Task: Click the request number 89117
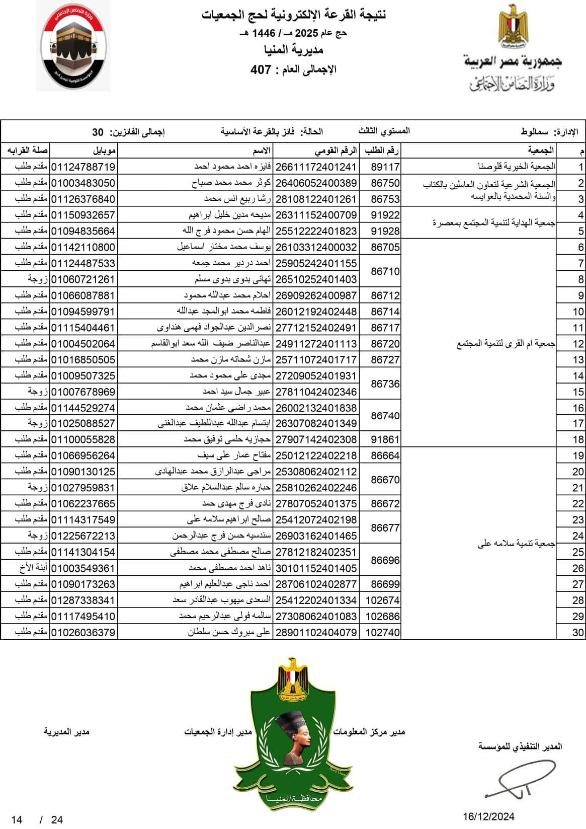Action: (x=385, y=167)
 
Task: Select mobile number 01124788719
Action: (x=83, y=167)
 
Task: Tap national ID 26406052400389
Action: (x=316, y=183)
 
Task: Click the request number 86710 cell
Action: (x=385, y=271)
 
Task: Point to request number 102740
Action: (x=383, y=632)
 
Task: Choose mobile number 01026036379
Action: (x=83, y=632)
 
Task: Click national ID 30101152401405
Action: (x=316, y=568)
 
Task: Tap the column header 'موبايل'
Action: (x=105, y=150)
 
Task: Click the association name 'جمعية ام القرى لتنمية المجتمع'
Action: (x=506, y=344)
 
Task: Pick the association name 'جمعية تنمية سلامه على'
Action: (x=516, y=544)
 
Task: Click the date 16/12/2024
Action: (x=488, y=816)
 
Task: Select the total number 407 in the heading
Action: (x=261, y=69)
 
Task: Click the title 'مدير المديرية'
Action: (x=66, y=731)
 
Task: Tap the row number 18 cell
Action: (x=577, y=439)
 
